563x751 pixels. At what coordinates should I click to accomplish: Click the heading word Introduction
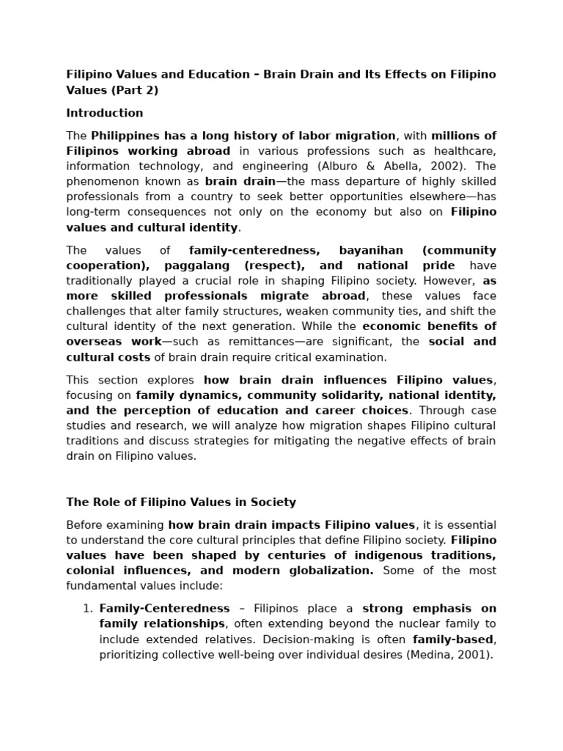coord(104,113)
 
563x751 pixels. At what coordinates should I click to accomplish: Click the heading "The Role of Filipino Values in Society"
coord(181,502)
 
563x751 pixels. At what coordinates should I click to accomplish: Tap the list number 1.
coord(87,609)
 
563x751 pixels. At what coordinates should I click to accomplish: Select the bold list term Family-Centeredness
coord(164,609)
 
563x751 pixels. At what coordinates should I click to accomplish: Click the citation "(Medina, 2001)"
coord(449,655)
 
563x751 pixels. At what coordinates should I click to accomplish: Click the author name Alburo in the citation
coord(334,166)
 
